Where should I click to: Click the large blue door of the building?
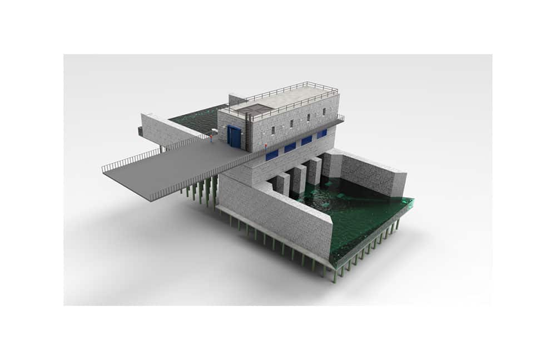coord(235,137)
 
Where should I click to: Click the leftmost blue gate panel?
coord(272,155)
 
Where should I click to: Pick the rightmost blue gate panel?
coord(322,133)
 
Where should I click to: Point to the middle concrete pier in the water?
coord(299,178)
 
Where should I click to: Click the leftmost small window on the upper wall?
coord(274,130)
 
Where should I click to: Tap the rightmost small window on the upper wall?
coord(324,112)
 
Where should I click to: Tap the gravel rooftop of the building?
coord(295,97)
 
